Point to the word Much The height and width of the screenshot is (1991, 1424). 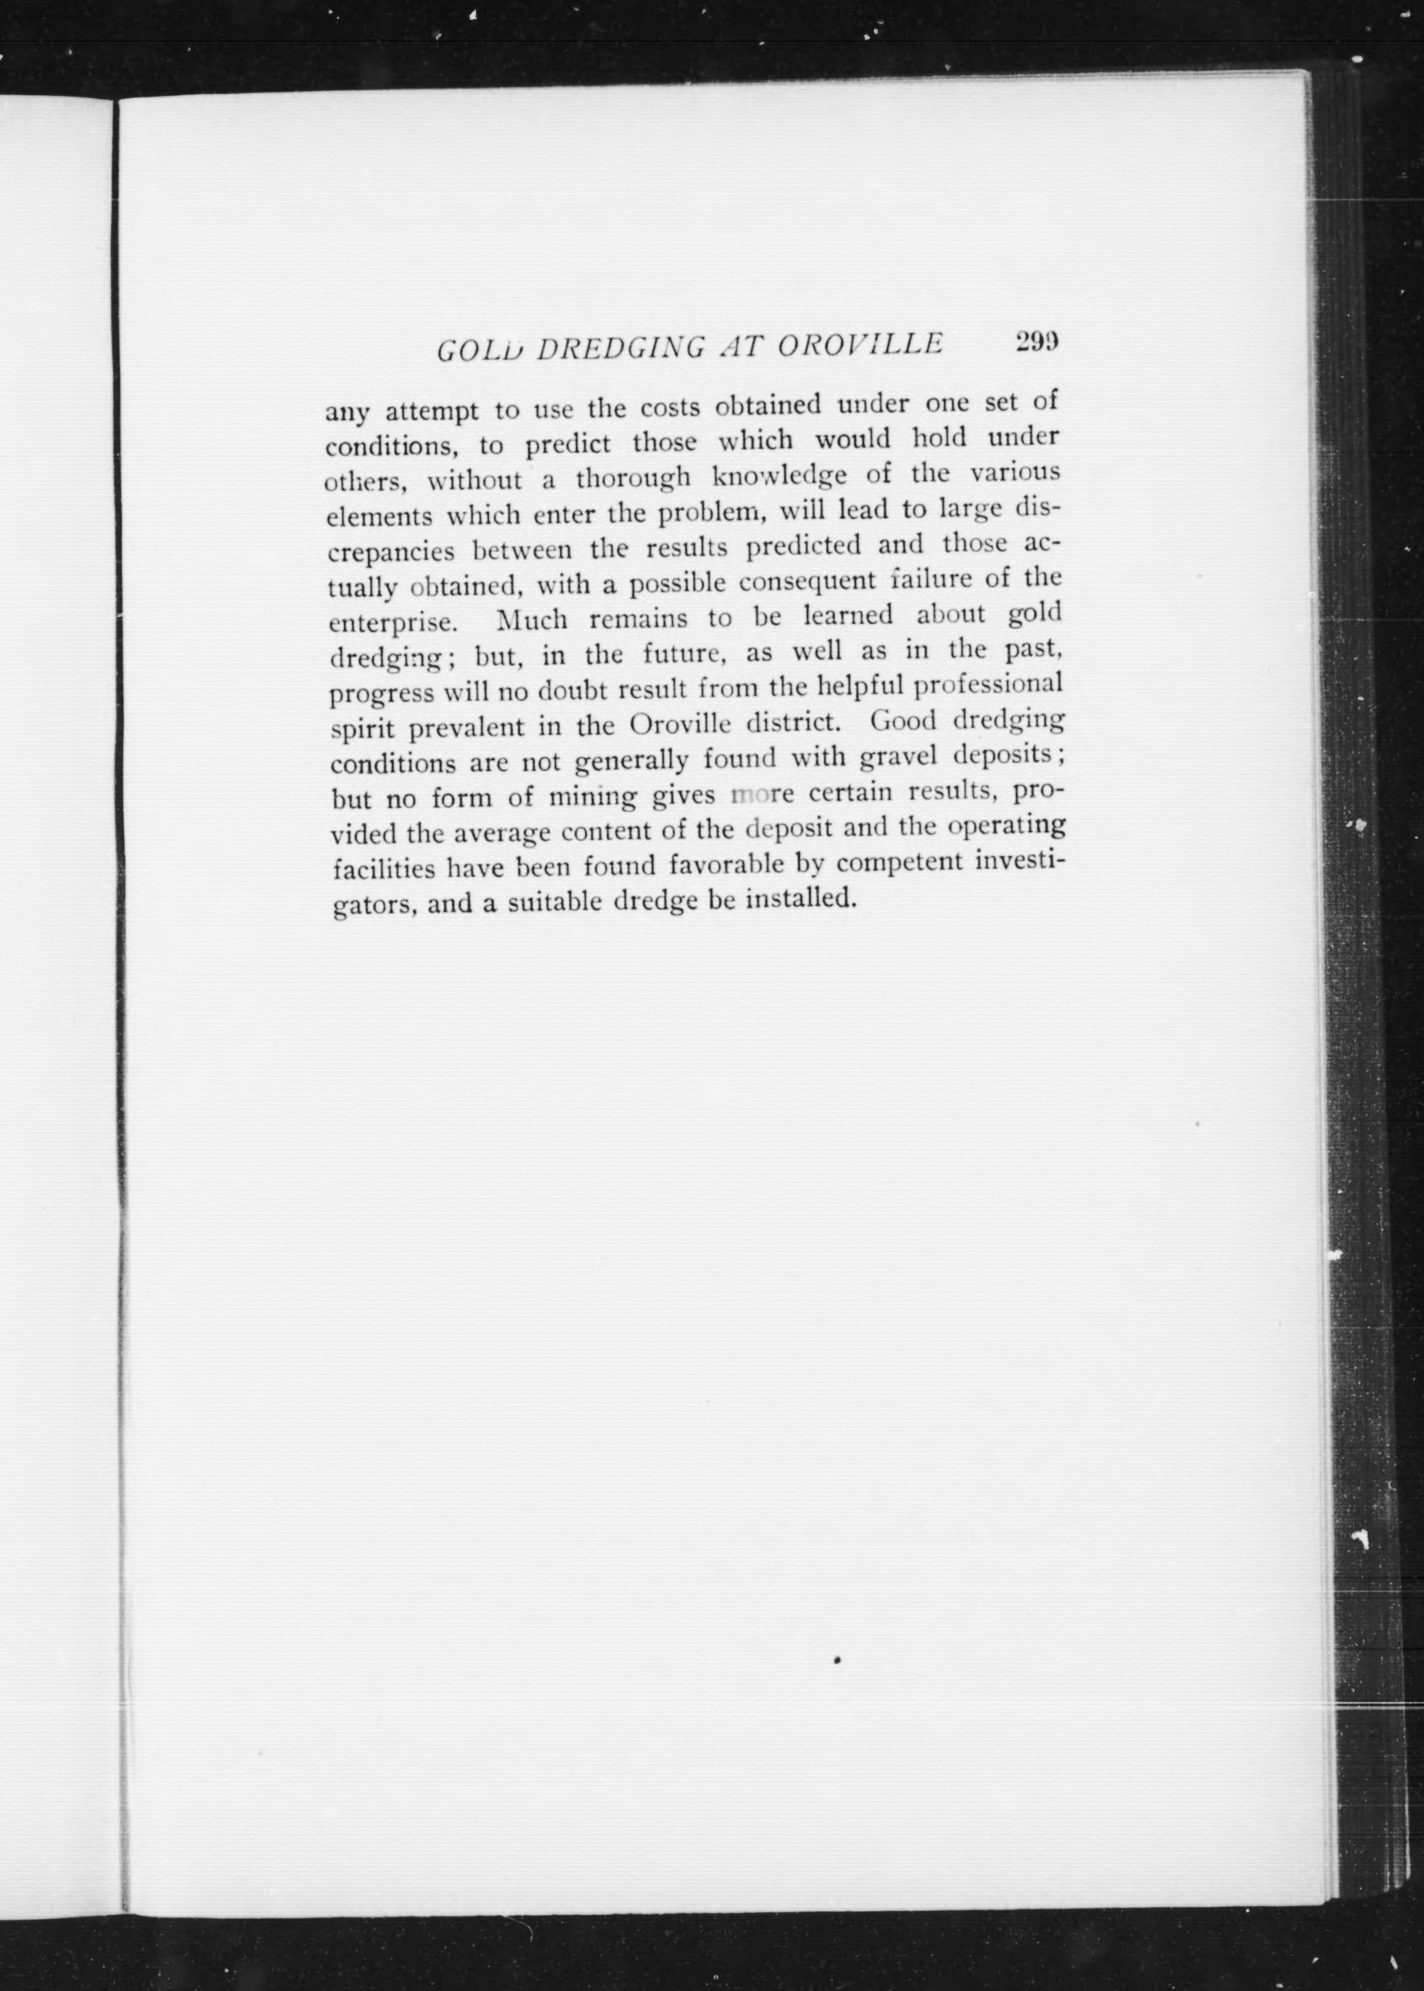coord(532,620)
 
